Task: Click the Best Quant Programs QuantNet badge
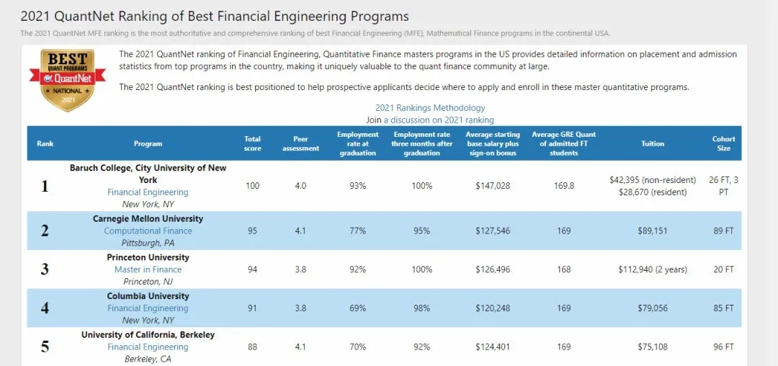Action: [67, 80]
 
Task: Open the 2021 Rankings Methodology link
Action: [430, 108]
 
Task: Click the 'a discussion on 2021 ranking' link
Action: [439, 120]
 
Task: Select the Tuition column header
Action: [653, 143]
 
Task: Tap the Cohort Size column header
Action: [723, 143]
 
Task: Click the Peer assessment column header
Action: [300, 143]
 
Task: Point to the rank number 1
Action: [45, 186]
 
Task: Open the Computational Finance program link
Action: [148, 231]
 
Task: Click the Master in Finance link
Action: [148, 269]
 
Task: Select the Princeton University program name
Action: [148, 257]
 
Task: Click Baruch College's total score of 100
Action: [252, 186]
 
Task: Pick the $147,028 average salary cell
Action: [493, 186]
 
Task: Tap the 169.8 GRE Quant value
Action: [563, 186]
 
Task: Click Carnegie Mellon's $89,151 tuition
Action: [653, 231]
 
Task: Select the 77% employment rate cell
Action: [358, 231]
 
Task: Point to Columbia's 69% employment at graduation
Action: [358, 308]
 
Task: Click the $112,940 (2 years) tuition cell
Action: [653, 269]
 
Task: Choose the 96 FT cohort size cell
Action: [723, 347]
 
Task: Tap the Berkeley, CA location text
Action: [148, 359]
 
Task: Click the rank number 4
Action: [45, 308]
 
